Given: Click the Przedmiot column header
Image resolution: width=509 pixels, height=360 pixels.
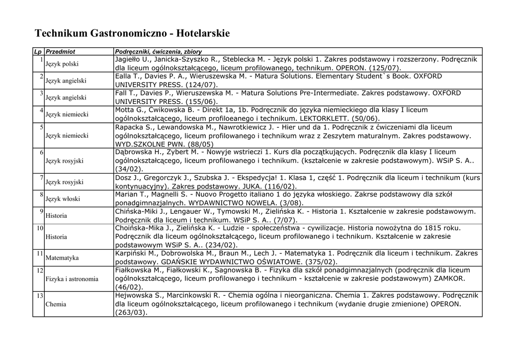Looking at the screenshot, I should [60, 51].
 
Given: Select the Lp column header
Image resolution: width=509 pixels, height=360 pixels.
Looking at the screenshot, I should [38, 51].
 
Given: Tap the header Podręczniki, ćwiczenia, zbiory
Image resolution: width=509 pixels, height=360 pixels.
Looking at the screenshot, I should [158, 51].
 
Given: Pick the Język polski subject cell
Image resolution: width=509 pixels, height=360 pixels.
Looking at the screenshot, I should [62, 64].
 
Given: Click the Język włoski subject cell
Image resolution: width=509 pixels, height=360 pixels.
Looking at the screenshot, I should [62, 199].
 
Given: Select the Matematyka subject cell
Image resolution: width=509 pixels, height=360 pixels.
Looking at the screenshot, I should [62, 258].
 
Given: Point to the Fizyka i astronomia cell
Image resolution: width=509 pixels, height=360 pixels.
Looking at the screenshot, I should [72, 279].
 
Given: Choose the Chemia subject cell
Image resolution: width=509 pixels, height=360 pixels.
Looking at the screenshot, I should [56, 304].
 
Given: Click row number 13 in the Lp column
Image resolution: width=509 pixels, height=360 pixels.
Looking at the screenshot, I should [40, 295].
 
